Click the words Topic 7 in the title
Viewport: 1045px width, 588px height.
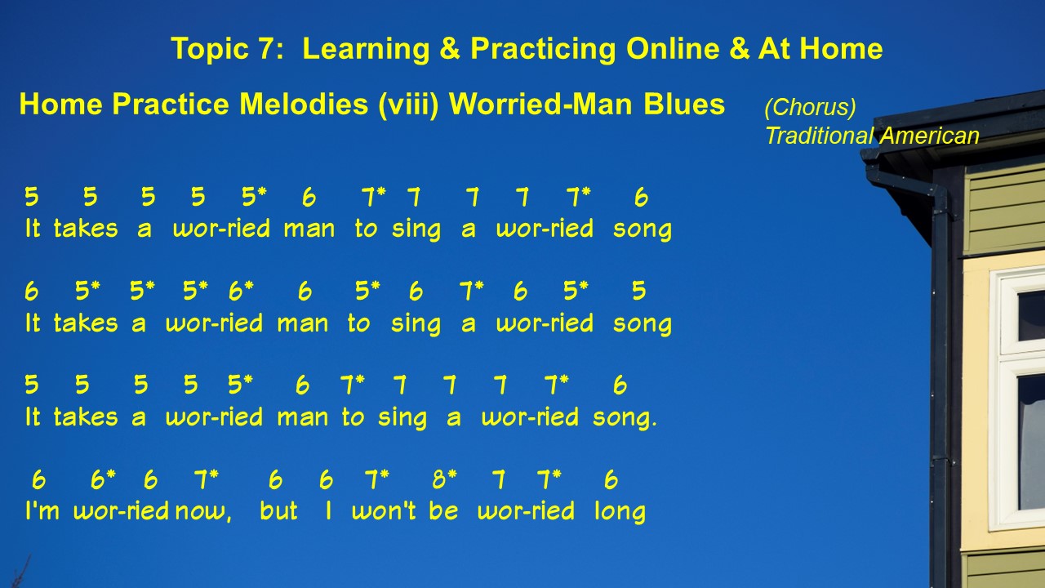(227, 48)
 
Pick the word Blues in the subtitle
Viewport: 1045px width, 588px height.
(684, 104)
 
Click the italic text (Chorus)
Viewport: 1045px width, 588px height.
(811, 107)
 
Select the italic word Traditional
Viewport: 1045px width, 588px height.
(819, 136)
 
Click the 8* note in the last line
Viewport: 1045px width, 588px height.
(445, 479)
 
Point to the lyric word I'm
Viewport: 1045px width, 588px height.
(42, 510)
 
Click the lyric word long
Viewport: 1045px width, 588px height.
(620, 511)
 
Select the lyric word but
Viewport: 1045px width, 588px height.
(278, 510)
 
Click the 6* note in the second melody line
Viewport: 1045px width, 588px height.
(241, 291)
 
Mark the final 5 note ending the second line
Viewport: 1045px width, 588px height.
(638, 291)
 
